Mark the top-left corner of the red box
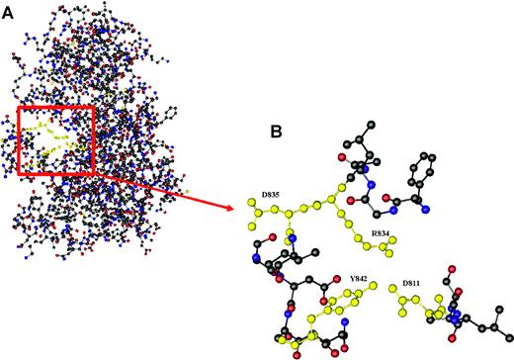click(19, 107)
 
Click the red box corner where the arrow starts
click(94, 175)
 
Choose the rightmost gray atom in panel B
click(503, 324)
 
